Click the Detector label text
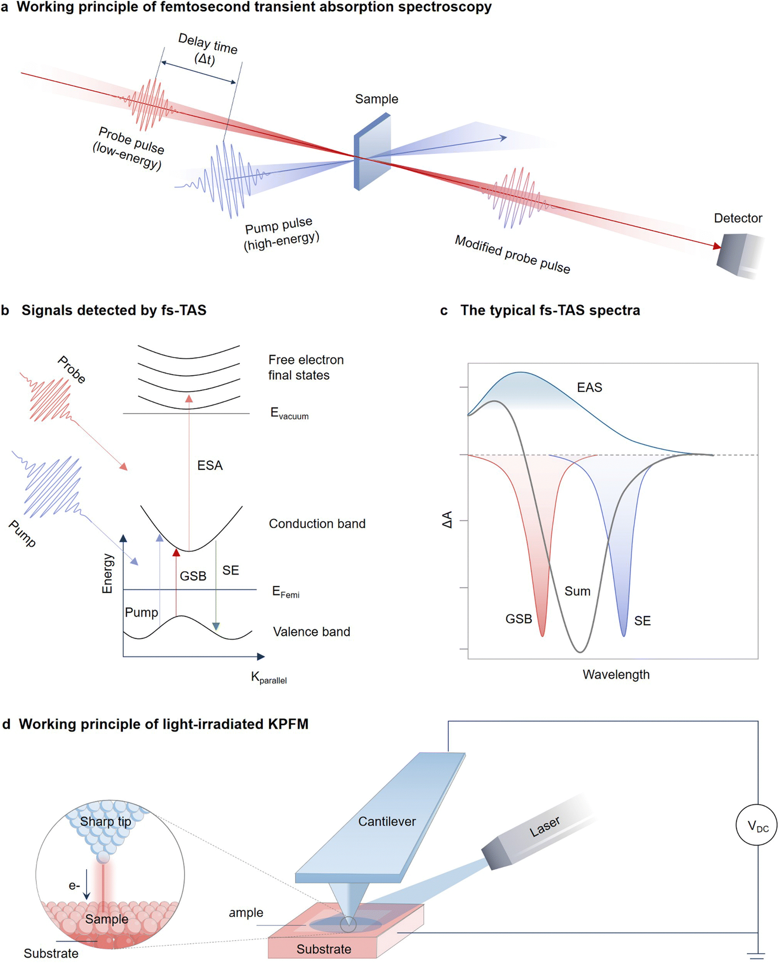pyautogui.click(x=738, y=218)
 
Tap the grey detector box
pyautogui.click(x=735, y=256)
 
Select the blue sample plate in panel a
pyautogui.click(x=372, y=151)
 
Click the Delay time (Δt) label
pyautogui.click(x=207, y=49)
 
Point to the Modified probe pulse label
pyautogui.click(x=512, y=254)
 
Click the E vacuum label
pyautogui.click(x=289, y=413)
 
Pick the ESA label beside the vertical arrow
pyautogui.click(x=210, y=466)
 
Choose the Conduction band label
pyautogui.click(x=317, y=524)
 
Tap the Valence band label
pyautogui.click(x=312, y=632)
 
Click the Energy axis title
pyautogui.click(x=107, y=574)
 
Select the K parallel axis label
pyautogui.click(x=268, y=678)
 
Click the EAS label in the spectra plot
pyautogui.click(x=589, y=388)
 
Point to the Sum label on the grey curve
pyautogui.click(x=577, y=592)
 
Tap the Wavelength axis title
pyautogui.click(x=616, y=675)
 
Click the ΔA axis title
pyautogui.click(x=447, y=520)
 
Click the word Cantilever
pyautogui.click(x=387, y=822)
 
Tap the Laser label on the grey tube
pyautogui.click(x=545, y=827)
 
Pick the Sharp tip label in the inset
pyautogui.click(x=105, y=822)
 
